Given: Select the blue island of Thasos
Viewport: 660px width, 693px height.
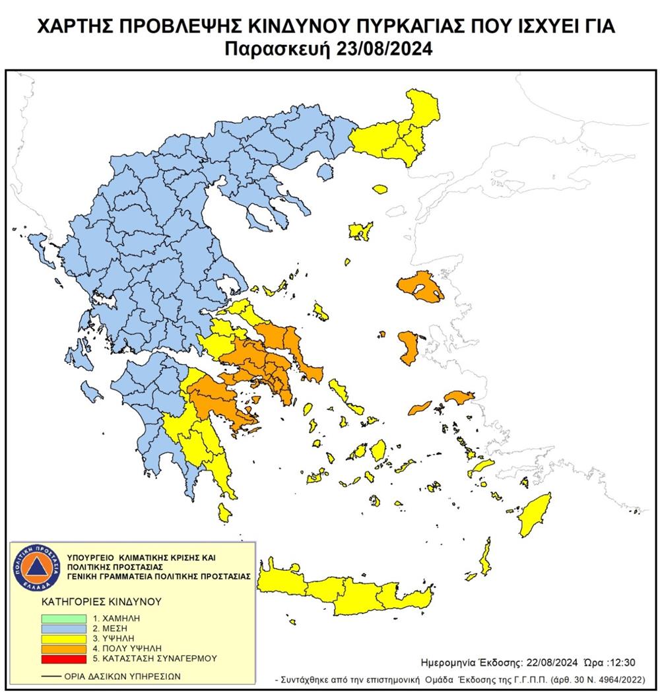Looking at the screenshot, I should coord(324,172).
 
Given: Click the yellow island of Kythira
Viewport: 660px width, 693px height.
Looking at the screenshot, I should coord(224,511).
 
